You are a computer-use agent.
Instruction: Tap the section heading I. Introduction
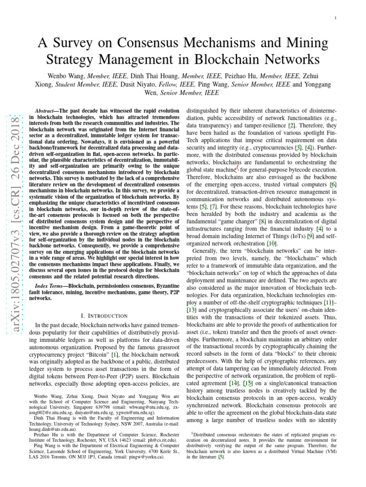pyautogui.click(x=105, y=315)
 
